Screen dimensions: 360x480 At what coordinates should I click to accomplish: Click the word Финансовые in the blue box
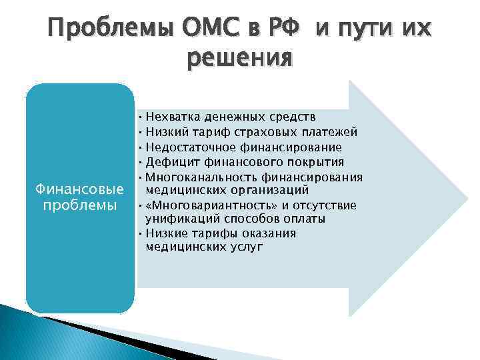(x=80, y=189)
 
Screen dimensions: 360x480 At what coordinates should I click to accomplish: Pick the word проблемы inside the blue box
(x=80, y=204)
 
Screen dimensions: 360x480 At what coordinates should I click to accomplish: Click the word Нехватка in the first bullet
(x=173, y=117)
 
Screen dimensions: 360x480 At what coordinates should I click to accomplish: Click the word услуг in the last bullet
(x=245, y=246)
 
